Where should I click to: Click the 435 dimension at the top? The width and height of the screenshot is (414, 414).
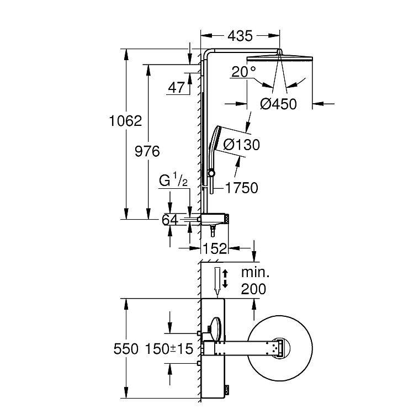(x=240, y=36)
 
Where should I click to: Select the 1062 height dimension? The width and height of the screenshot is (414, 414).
(x=125, y=121)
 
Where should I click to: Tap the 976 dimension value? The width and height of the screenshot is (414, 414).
(x=147, y=151)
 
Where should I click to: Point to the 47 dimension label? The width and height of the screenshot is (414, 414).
(x=177, y=87)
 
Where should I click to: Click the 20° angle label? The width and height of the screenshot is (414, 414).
(x=243, y=71)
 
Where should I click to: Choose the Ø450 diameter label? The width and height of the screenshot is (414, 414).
(x=278, y=104)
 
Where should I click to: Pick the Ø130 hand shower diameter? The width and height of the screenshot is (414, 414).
(x=241, y=145)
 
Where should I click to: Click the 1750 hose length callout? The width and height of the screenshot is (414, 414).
(x=242, y=188)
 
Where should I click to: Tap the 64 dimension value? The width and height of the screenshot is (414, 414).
(x=170, y=220)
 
